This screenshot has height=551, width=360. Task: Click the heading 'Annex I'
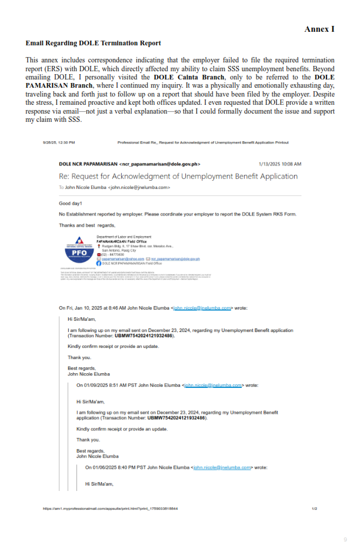(319, 29)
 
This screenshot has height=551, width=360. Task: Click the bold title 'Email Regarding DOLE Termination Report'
(93, 43)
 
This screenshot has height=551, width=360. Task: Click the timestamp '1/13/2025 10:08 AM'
(280, 164)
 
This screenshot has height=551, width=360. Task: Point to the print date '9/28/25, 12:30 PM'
(59, 142)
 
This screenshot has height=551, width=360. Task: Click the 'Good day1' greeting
(71, 203)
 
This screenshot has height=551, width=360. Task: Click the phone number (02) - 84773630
(114, 254)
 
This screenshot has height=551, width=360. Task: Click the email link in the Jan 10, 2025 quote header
(202, 307)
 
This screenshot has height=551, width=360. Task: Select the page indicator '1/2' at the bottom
(314, 509)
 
